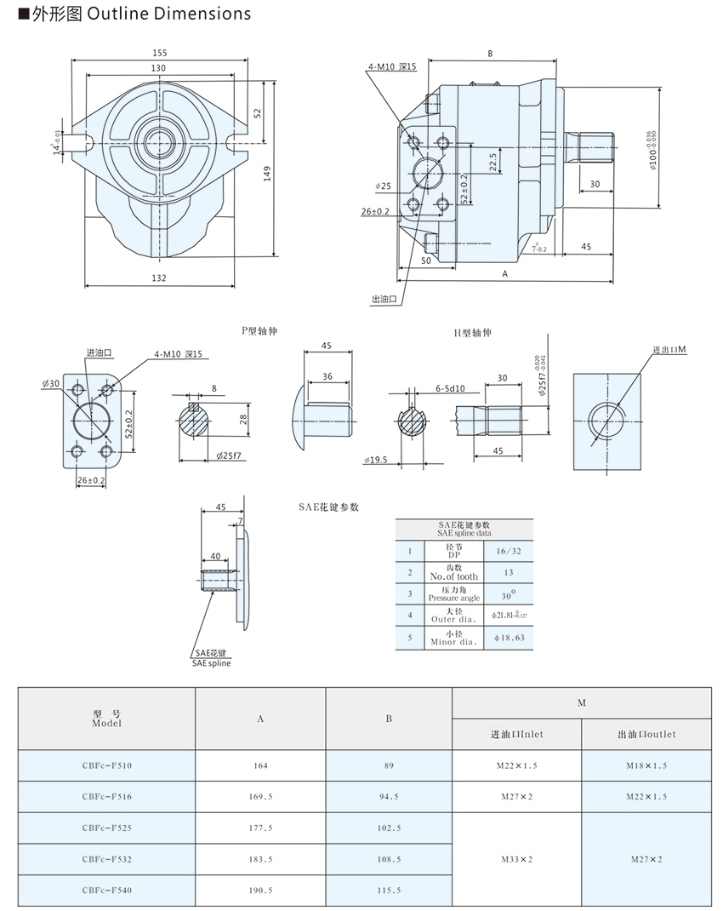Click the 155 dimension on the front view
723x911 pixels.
pos(160,53)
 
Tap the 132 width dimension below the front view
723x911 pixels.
pos(159,278)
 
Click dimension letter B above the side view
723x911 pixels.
pos(490,54)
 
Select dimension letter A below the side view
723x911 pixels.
pos(505,274)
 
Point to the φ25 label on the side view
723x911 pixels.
pos(382,186)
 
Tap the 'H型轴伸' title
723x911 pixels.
pos(473,332)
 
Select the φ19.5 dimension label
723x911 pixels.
pos(375,460)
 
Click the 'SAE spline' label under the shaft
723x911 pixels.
pos(211,662)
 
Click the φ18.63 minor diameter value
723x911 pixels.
pos(508,637)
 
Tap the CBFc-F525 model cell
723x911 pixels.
pos(107,827)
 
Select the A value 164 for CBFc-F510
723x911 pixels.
pos(260,765)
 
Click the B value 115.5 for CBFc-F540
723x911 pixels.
pos(389,890)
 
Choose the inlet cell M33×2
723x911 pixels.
pos(517,858)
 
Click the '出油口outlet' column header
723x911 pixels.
pos(646,734)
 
